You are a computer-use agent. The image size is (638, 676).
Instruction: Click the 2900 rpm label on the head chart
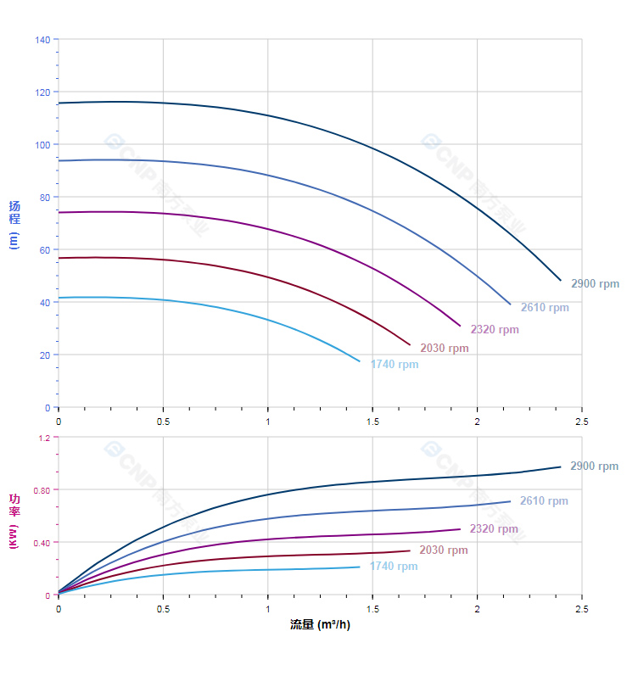pyautogui.click(x=595, y=284)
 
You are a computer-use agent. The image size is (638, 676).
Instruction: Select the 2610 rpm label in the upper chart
pyautogui.click(x=545, y=307)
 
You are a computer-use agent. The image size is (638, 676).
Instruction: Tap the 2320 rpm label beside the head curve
pyautogui.click(x=495, y=329)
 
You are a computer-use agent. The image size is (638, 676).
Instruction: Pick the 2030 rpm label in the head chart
pyautogui.click(x=444, y=349)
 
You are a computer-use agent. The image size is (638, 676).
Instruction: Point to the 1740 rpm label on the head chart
pyautogui.click(x=394, y=365)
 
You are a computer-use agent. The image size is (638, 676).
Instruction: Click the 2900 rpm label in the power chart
pyautogui.click(x=594, y=466)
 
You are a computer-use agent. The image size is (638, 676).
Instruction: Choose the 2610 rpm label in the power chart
pyautogui.click(x=544, y=501)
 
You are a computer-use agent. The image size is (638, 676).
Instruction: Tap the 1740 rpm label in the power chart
pyautogui.click(x=393, y=567)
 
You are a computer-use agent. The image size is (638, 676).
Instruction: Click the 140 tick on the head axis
pyautogui.click(x=42, y=40)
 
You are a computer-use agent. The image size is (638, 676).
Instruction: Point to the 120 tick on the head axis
pyautogui.click(x=42, y=92)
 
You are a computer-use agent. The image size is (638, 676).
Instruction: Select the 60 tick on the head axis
pyautogui.click(x=45, y=249)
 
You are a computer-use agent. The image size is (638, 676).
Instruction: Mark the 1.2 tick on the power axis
pyautogui.click(x=45, y=438)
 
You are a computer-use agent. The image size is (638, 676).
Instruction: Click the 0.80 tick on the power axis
pyautogui.click(x=42, y=490)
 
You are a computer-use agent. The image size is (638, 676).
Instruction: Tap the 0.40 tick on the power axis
pyautogui.click(x=42, y=543)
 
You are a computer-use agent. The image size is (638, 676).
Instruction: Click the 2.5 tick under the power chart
pyautogui.click(x=581, y=609)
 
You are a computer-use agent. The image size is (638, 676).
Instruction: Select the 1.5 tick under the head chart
pyautogui.click(x=372, y=421)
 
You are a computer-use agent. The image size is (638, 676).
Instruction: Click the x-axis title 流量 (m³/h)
pyautogui.click(x=320, y=625)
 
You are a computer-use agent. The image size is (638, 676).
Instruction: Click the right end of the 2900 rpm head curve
pyautogui.click(x=561, y=280)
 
